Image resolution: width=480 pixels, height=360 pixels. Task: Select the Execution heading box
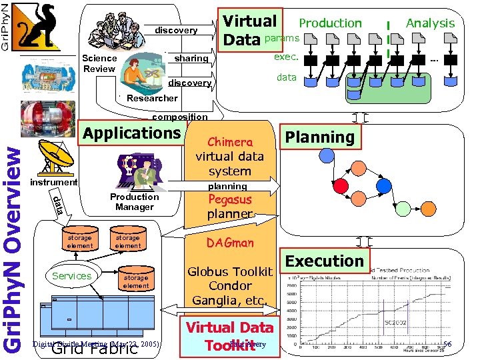(325, 261)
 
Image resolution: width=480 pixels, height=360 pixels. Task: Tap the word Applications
(132, 133)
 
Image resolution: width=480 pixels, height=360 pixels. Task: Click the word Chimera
(229, 142)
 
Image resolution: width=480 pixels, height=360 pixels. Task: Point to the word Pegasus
(229, 200)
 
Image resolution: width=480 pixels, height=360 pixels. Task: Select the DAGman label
(229, 243)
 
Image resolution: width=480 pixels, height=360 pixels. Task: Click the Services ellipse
(71, 275)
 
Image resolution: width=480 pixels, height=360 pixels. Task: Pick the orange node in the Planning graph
(365, 164)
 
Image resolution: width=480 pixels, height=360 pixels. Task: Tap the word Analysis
(430, 23)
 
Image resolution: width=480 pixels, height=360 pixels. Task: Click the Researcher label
(152, 98)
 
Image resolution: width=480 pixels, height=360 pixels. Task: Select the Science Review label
(99, 63)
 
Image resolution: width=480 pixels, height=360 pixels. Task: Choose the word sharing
(191, 59)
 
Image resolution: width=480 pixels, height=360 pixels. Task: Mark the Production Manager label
(134, 201)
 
